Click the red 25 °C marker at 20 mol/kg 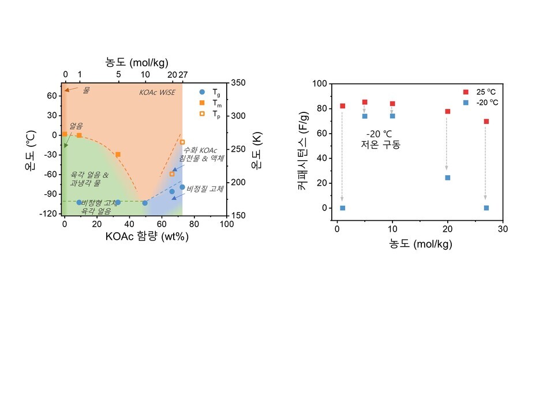coord(447,111)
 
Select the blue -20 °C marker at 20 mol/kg coord(447,178)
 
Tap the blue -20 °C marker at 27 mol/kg coord(486,207)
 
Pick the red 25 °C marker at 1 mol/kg coord(342,106)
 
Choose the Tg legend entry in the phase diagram coord(208,92)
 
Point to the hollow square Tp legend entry coord(208,114)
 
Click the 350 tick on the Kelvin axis coord(238,82)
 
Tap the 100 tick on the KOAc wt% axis coord(227,225)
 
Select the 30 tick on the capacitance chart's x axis coord(503,229)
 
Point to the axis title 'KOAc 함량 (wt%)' coord(147,236)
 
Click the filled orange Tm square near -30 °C coord(118,154)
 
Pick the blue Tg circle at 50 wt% coord(145,203)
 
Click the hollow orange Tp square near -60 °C coord(172,173)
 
